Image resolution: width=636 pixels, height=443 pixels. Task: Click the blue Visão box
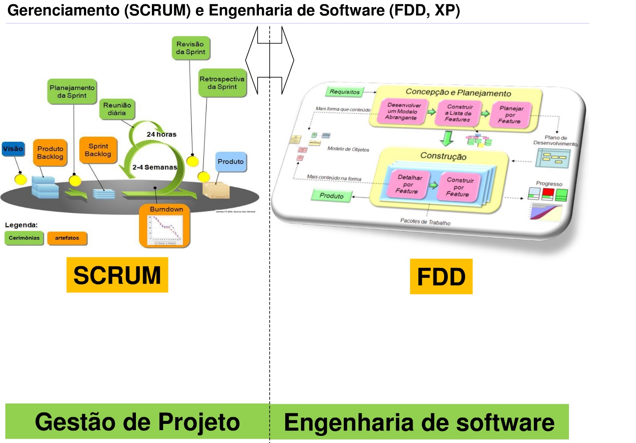[x=13, y=149]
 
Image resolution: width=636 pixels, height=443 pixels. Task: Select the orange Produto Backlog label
[x=50, y=153]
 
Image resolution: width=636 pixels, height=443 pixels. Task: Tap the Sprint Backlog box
[x=98, y=150]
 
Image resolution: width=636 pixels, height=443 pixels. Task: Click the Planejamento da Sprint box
[x=72, y=92]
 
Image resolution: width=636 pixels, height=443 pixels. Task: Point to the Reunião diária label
[x=117, y=109]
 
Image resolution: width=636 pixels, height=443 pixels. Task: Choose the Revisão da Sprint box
[x=191, y=48]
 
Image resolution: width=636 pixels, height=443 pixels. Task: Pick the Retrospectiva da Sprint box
[x=222, y=83]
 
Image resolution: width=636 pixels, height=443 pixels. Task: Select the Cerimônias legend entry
[x=24, y=238]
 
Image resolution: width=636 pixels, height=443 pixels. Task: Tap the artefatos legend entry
[x=67, y=238]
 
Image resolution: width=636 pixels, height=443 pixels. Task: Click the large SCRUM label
[x=117, y=275]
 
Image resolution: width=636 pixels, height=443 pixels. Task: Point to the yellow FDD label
[x=441, y=277]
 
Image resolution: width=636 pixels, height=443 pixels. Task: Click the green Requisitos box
[x=345, y=92]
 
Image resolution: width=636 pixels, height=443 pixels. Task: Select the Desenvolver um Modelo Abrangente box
[x=401, y=111]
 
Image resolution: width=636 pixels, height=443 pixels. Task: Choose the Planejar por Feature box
[x=510, y=115]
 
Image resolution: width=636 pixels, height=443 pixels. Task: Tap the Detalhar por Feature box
[x=408, y=184]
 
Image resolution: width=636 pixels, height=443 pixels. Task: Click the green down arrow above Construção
[x=447, y=138]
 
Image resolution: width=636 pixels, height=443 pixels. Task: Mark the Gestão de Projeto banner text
[x=137, y=422]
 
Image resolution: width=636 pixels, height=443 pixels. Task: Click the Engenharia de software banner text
[x=419, y=423]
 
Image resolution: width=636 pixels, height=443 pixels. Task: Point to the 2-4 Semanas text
[x=155, y=168]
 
